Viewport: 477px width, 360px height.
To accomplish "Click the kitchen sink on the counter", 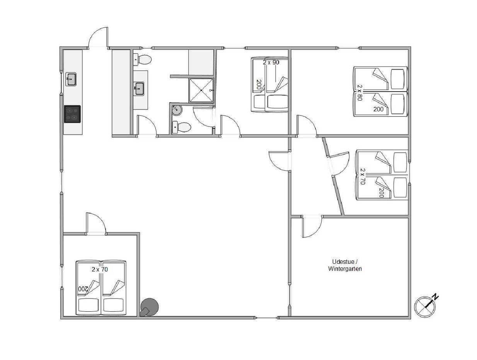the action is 71,79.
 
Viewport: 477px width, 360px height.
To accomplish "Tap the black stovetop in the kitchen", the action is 72,114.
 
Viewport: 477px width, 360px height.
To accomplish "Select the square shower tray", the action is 201,90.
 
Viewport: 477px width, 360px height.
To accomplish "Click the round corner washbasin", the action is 176,111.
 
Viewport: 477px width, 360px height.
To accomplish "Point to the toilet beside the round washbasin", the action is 181,127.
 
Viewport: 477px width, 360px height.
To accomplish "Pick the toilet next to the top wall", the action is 142,59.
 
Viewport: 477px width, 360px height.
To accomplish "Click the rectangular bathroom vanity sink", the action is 139,89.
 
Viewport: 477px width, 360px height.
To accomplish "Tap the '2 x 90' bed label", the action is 271,62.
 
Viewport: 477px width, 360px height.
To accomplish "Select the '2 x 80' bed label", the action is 359,92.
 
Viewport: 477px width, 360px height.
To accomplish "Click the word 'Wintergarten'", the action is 345,269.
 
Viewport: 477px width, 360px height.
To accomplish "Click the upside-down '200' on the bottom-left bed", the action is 83,289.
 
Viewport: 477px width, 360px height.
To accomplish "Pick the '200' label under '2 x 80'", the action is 378,109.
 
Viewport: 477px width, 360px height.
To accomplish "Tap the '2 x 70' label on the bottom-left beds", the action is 99,270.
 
